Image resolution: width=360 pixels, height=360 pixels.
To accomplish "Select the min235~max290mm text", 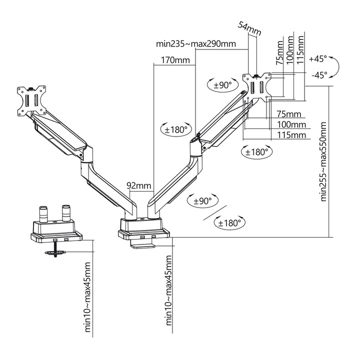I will coord(195,43).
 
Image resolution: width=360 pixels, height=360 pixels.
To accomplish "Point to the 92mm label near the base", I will coord(139,186).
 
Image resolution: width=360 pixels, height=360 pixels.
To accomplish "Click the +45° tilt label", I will coord(317,58).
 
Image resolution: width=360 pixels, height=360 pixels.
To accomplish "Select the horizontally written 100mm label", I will coord(291,124).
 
